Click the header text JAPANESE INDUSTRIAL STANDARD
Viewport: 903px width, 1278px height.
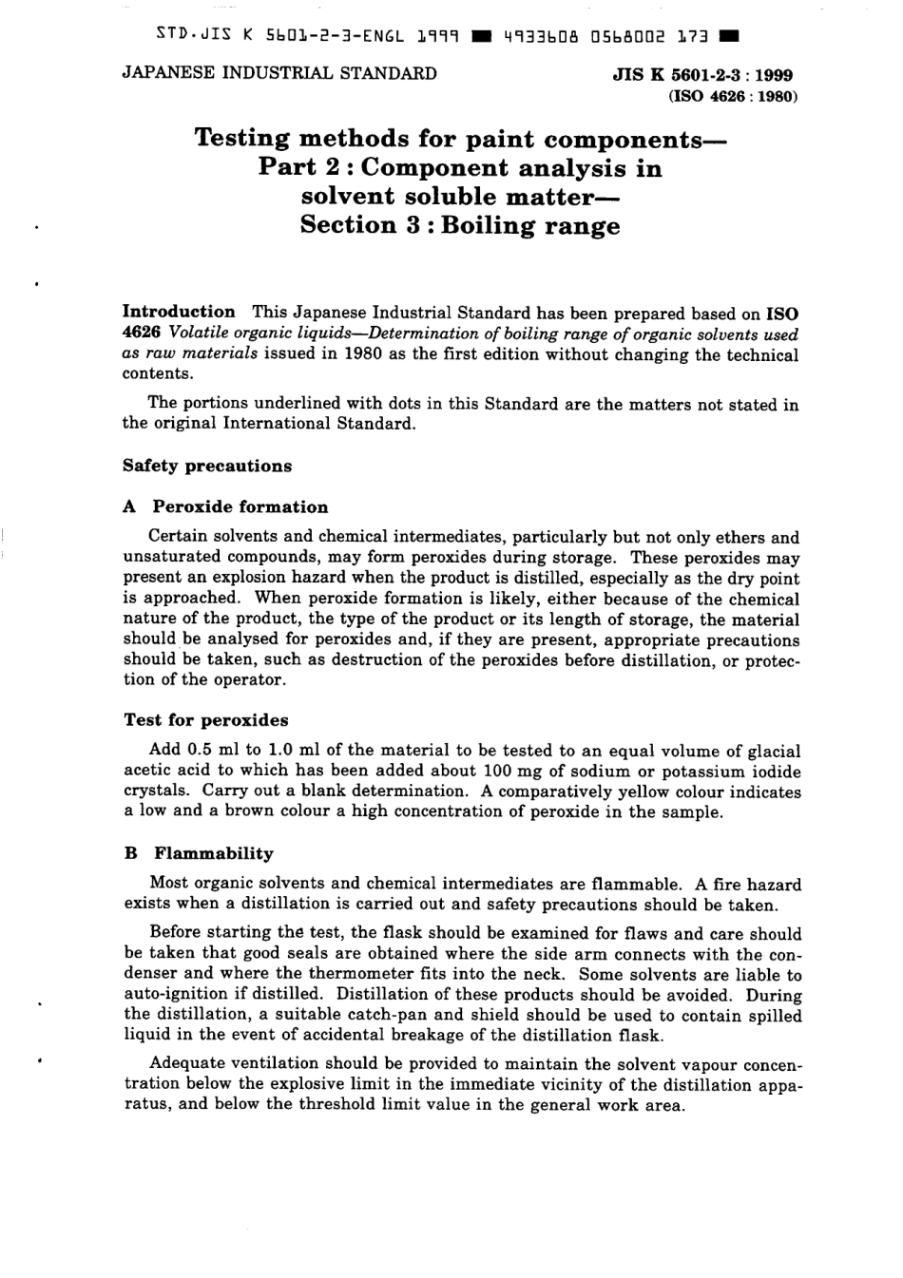(279, 73)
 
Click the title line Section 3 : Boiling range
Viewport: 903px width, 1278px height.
(459, 226)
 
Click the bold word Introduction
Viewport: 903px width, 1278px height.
(179, 312)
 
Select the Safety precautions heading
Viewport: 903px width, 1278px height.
(207, 466)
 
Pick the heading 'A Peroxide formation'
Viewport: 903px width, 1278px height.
(225, 506)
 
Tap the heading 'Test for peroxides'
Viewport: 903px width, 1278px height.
(205, 719)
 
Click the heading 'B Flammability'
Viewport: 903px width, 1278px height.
(199, 852)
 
